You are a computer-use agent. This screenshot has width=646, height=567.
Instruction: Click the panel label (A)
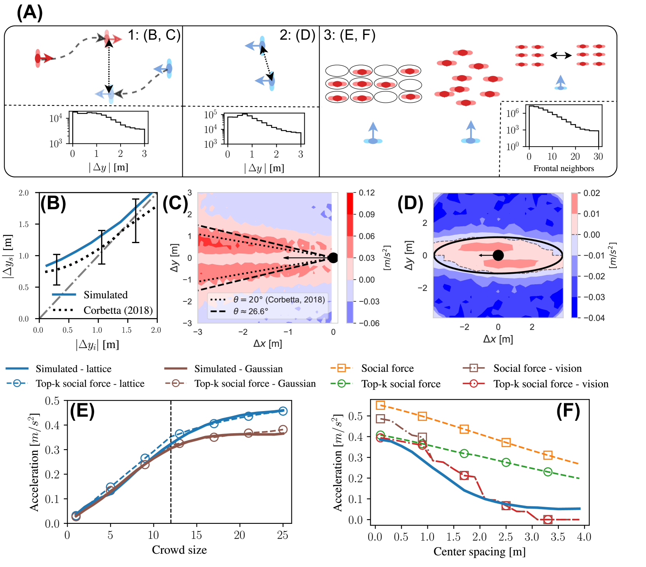[30, 12]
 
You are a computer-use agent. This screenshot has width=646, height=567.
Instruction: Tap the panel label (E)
[82, 411]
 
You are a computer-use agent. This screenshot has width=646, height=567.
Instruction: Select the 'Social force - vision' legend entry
[537, 368]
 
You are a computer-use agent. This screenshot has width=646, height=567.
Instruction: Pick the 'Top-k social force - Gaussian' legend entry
[255, 383]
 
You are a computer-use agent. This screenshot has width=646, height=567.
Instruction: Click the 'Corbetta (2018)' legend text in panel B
[118, 310]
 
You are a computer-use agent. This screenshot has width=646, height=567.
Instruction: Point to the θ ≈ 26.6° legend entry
[250, 311]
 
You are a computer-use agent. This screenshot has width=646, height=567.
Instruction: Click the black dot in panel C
[333, 257]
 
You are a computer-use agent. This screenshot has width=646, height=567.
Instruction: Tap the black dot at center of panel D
[498, 255]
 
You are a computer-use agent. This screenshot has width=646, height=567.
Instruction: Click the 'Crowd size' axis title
[179, 550]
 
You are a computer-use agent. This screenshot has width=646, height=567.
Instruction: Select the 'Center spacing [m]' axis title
[479, 551]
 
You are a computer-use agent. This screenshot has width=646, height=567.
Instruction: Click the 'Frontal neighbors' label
[564, 168]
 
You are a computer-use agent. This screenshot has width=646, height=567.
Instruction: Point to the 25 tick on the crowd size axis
[283, 535]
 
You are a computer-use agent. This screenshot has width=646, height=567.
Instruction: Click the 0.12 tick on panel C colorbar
[367, 193]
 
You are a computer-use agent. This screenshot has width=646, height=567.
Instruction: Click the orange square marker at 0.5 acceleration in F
[422, 416]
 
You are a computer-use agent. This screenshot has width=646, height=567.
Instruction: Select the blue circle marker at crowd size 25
[283, 411]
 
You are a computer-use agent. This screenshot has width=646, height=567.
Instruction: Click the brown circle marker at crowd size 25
[283, 430]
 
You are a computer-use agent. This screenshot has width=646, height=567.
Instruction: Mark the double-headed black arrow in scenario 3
[561, 56]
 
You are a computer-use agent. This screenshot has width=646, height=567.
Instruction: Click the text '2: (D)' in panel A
[297, 35]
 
